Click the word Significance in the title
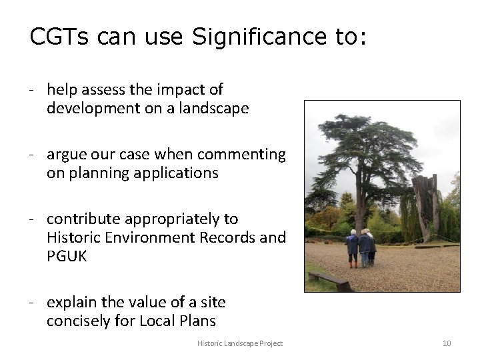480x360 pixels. coord(249,37)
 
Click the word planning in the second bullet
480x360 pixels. coord(99,173)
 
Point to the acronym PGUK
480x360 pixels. coord(67,256)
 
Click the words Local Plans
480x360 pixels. coord(177,321)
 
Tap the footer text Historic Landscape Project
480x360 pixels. coord(240,343)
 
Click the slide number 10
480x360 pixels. coord(447,343)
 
